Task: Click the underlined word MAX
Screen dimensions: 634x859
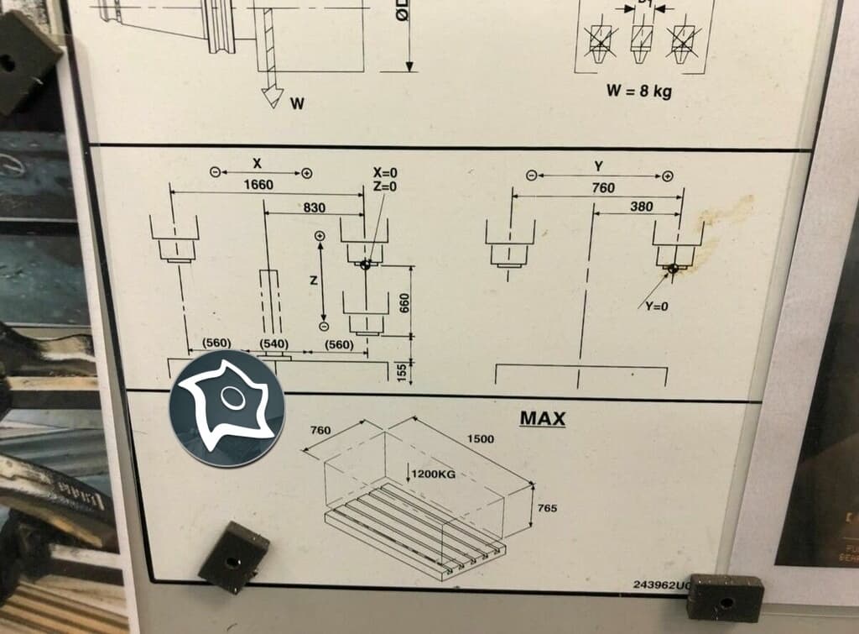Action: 542,417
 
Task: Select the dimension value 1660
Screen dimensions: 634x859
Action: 258,185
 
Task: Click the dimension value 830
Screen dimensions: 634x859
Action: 313,207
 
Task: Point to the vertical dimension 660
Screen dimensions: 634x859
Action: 404,303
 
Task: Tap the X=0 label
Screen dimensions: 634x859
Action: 384,172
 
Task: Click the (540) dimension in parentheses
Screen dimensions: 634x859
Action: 274,344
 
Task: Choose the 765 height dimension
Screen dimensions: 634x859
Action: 548,509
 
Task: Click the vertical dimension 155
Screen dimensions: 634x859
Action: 402,370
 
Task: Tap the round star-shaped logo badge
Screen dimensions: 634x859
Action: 227,408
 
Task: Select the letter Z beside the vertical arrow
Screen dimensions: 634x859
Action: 312,281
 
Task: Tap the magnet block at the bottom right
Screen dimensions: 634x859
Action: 725,598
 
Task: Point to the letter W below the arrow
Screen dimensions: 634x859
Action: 297,103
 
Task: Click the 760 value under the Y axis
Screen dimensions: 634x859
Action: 602,188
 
